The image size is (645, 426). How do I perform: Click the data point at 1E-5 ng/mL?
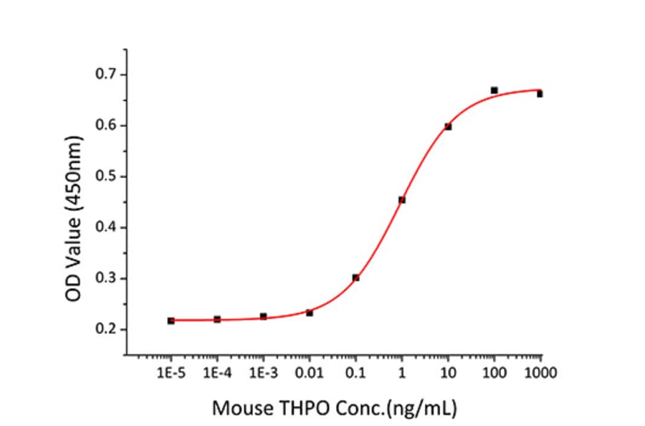pos(171,321)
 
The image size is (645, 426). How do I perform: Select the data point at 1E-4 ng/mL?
pos(217,319)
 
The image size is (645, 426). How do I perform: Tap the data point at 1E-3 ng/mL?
pos(263,316)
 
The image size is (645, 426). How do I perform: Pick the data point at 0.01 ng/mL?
pos(310,313)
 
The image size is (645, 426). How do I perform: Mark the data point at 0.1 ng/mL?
pos(355,278)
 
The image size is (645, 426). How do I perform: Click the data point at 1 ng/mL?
pos(402,200)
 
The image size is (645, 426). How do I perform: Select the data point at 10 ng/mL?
pos(448,127)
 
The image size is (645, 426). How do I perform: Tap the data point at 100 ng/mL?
pos(494,90)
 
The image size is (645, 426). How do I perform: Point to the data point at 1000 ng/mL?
pos(540,94)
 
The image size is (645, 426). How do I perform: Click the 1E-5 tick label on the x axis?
pos(171,373)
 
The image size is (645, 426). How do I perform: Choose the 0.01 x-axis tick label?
pos(310,373)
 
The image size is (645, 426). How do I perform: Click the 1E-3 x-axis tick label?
pos(263,373)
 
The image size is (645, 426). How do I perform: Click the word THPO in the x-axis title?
pos(302,409)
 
